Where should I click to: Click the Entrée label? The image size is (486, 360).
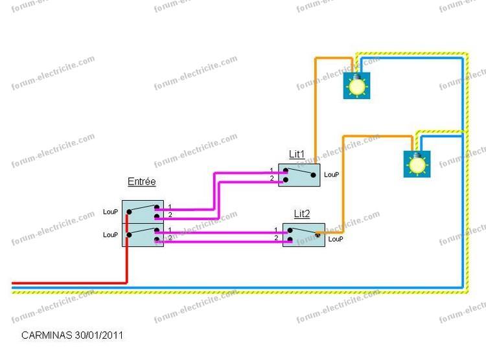click(x=141, y=182)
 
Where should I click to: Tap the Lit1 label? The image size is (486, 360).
click(x=297, y=154)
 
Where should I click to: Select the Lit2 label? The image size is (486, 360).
click(x=301, y=214)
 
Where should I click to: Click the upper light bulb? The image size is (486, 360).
click(x=357, y=85)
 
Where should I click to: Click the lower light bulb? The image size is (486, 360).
click(x=417, y=164)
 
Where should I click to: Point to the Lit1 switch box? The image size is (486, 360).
click(x=299, y=175)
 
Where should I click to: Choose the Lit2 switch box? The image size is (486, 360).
click(x=303, y=234)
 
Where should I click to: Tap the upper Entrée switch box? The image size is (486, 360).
click(x=143, y=212)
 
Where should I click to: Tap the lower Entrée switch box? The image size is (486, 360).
click(x=143, y=234)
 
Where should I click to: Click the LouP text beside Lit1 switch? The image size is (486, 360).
click(x=332, y=175)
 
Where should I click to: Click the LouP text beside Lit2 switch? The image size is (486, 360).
click(x=336, y=239)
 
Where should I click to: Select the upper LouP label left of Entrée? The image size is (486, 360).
click(x=110, y=212)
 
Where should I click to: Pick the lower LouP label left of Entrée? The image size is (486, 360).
click(x=110, y=234)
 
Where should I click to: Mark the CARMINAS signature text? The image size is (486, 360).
click(x=47, y=335)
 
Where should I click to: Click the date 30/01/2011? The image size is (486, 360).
click(x=100, y=335)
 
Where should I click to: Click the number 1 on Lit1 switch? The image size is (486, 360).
click(x=272, y=170)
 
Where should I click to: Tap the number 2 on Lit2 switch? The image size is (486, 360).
click(x=276, y=238)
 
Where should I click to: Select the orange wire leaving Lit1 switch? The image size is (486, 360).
click(x=316, y=110)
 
